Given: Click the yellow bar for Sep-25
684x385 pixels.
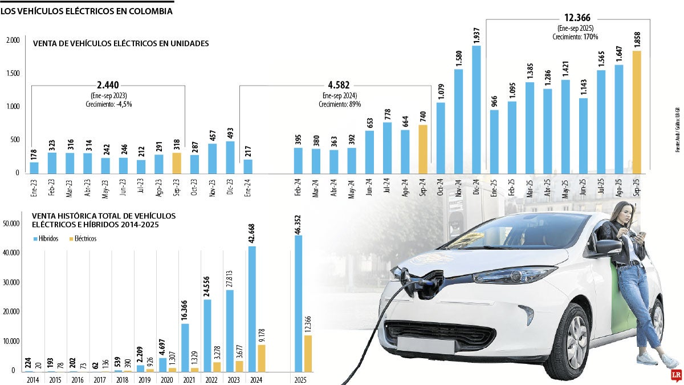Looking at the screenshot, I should [637, 112].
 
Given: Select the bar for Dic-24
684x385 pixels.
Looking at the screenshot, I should [475, 109].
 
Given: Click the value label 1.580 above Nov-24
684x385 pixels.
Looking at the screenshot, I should [458, 59].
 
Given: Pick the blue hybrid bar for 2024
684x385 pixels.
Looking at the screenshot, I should [252, 309].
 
